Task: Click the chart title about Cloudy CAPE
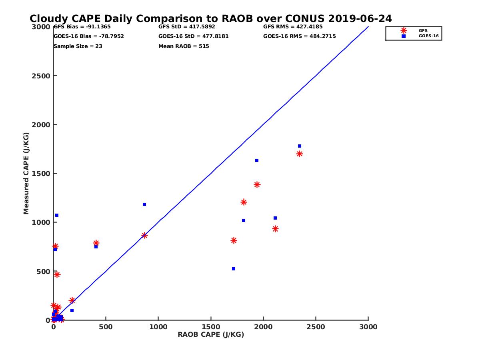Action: pos(211,19)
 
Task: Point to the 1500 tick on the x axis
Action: pos(211,327)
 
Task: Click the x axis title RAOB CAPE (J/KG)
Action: pos(211,334)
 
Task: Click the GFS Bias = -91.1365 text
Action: pos(82,27)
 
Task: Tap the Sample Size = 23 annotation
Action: pos(78,46)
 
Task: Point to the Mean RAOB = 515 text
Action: pos(184,46)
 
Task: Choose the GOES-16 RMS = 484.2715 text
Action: pos(299,36)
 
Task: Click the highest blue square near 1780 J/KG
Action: pos(300,146)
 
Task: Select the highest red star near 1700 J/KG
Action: pos(299,154)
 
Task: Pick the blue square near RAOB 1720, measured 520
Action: pos(234,269)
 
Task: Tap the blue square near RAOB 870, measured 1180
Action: pos(144,204)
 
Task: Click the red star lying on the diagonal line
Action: pos(144,235)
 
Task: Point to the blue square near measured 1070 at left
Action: pos(57,215)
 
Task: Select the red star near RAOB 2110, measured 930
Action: pos(275,229)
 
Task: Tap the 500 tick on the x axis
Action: pos(106,327)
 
